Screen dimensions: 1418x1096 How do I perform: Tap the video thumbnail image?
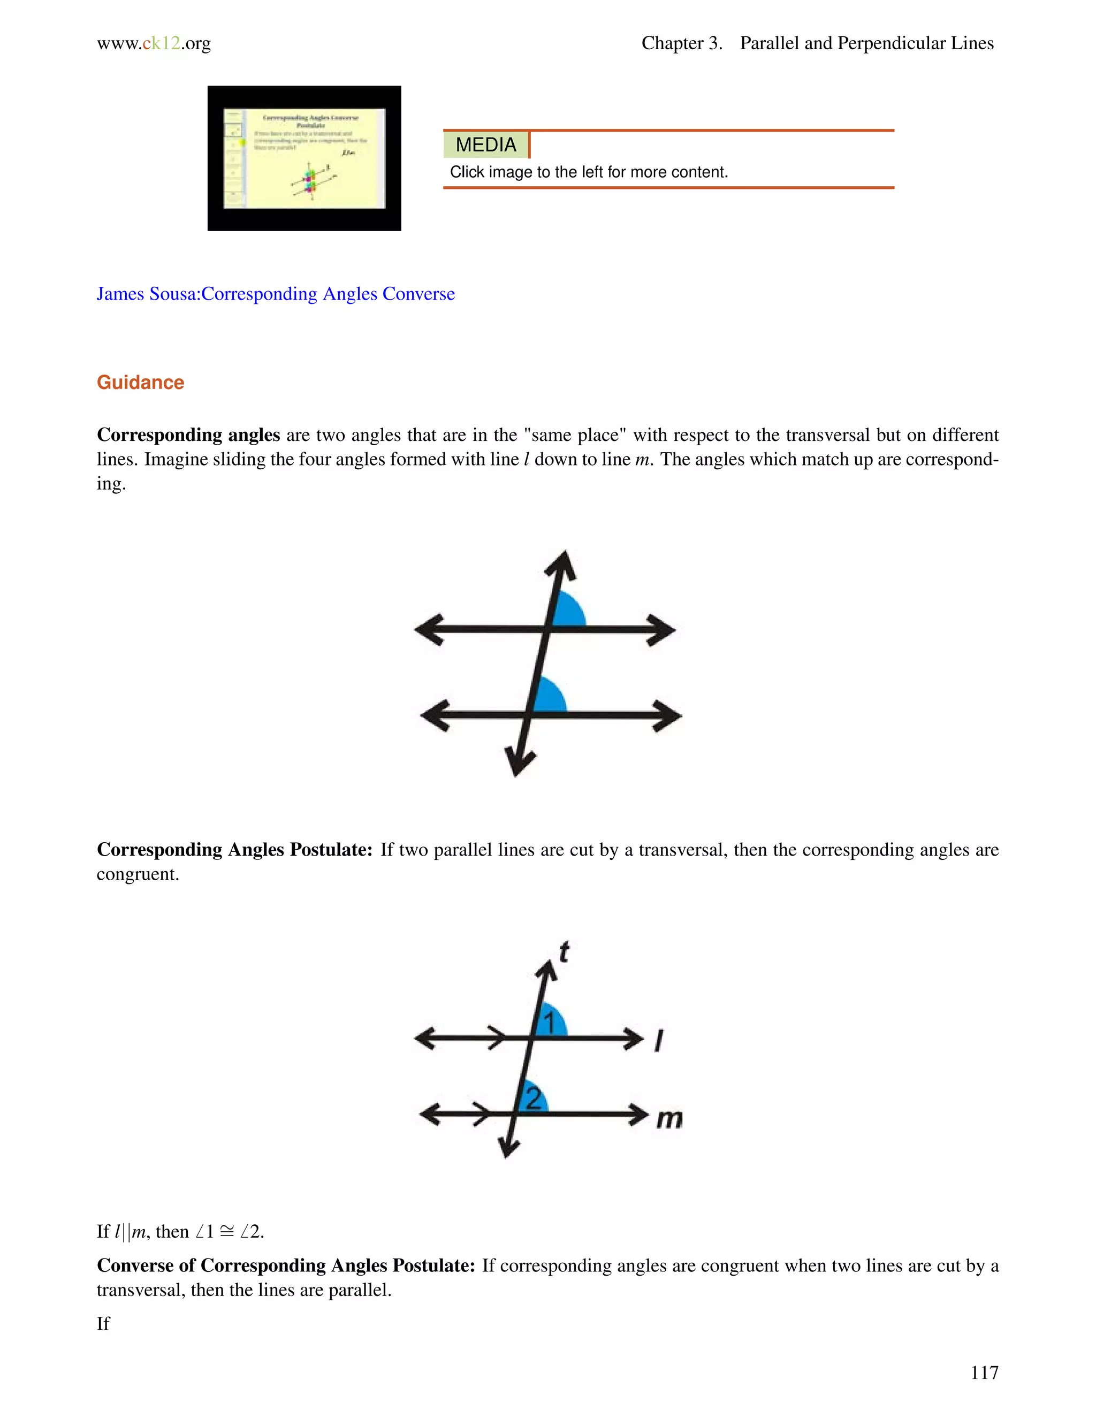click(x=304, y=158)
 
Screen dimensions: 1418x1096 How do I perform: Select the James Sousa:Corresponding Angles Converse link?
click(x=275, y=294)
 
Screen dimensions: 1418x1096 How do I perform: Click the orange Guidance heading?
click(x=140, y=383)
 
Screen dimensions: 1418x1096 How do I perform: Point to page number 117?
click(x=984, y=1372)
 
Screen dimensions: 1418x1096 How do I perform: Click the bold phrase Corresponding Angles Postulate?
click(x=234, y=850)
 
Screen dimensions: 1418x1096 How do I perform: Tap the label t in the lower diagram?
click(x=564, y=952)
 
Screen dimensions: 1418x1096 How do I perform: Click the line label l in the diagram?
click(x=658, y=1041)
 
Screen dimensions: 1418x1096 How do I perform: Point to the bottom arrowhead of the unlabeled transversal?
click(x=519, y=763)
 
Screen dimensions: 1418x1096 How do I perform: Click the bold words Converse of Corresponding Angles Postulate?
click(x=286, y=1265)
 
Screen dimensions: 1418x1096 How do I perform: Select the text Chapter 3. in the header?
click(x=682, y=43)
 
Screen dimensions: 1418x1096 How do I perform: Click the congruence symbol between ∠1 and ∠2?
click(x=226, y=1232)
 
